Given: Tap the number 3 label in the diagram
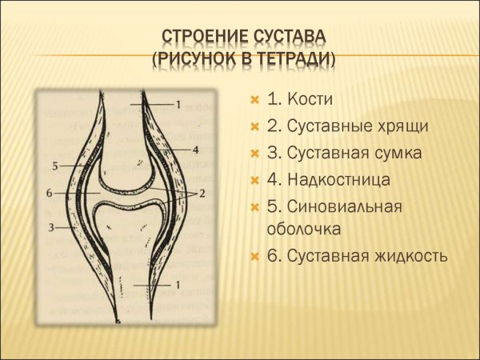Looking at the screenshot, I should click(50, 227).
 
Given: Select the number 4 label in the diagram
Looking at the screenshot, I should click(195, 150).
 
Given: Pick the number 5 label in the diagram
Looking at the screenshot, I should click(55, 166).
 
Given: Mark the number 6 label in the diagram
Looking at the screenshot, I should click(50, 194).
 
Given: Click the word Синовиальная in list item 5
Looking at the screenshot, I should click(344, 206).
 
